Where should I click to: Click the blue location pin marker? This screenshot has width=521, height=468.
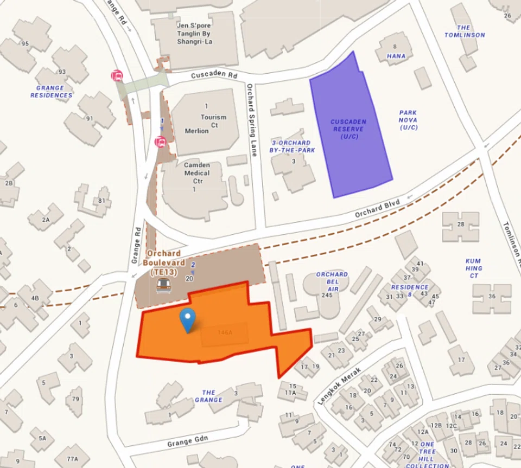188,319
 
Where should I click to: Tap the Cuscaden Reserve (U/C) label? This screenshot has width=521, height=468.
348,129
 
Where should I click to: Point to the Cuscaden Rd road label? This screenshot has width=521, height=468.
214,75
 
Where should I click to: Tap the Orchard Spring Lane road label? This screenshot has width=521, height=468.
251,120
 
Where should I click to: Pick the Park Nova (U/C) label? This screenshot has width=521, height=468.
408,120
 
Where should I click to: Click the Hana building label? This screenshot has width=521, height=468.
396,56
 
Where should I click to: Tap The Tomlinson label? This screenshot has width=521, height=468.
464,31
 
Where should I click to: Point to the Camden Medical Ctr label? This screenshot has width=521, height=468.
196,173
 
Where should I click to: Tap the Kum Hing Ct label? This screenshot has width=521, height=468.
473,268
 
